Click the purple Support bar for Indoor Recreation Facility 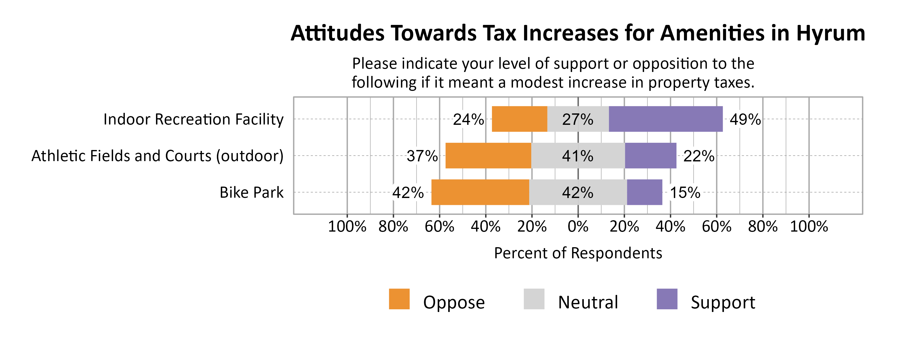click(x=666, y=119)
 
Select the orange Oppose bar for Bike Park click(x=480, y=192)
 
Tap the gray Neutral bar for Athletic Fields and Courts click(x=578, y=155)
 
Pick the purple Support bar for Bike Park click(x=644, y=192)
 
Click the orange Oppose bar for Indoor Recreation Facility click(x=519, y=119)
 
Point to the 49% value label click(x=745, y=119)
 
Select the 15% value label click(x=685, y=193)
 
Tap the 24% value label click(x=468, y=119)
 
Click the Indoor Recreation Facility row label click(x=193, y=119)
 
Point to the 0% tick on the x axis click(x=578, y=226)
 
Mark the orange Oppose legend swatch click(x=399, y=299)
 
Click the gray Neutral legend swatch click(x=534, y=299)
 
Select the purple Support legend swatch click(x=667, y=299)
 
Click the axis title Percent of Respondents click(x=578, y=253)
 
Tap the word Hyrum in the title click(x=830, y=34)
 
